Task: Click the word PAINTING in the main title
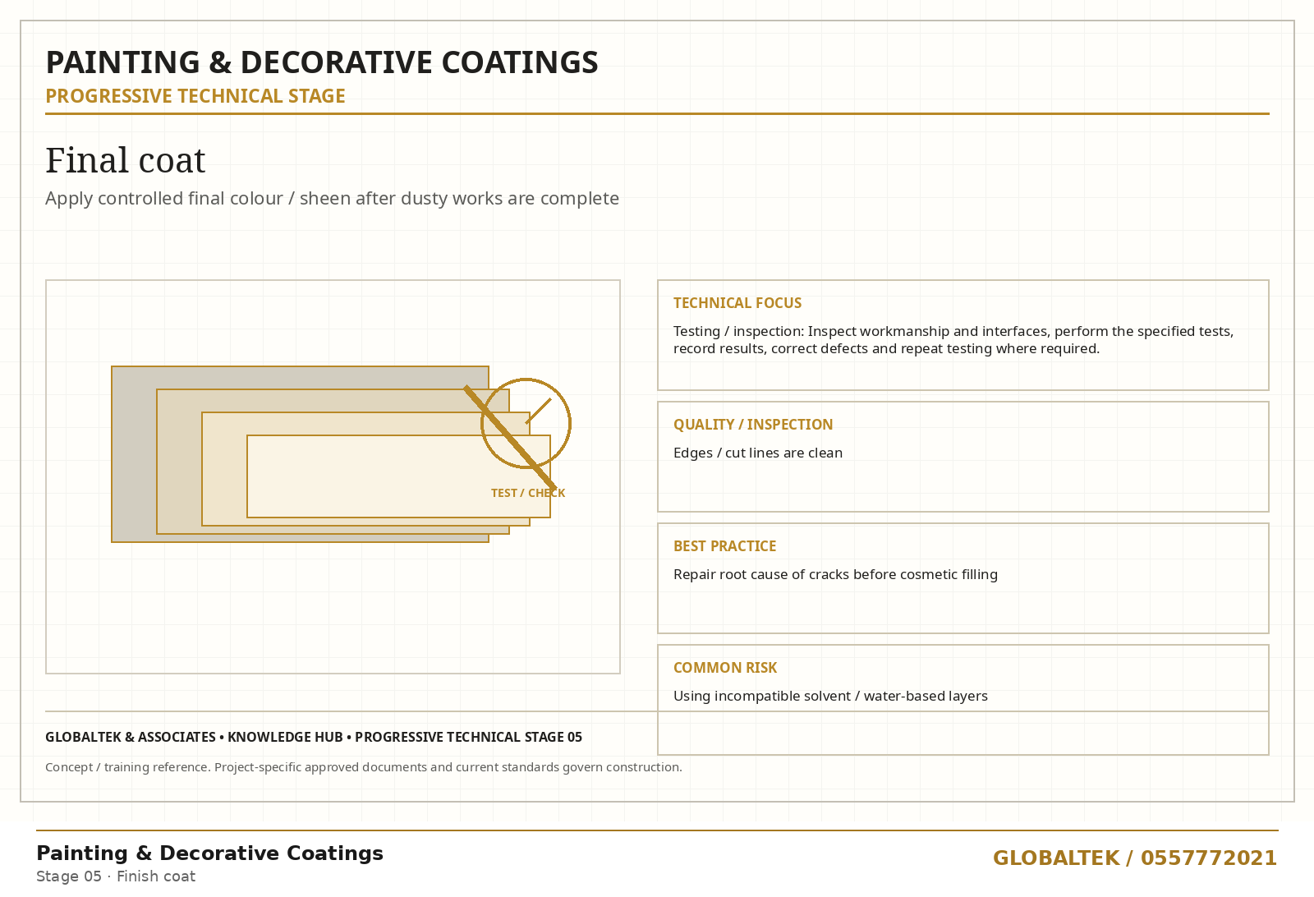pyautogui.click(x=122, y=62)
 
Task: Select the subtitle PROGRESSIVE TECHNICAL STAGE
pyautogui.click(x=195, y=96)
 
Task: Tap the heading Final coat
pyautogui.click(x=126, y=160)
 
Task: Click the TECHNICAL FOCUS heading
pyautogui.click(x=737, y=303)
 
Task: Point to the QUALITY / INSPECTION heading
pyautogui.click(x=753, y=425)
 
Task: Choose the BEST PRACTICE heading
pyautogui.click(x=725, y=546)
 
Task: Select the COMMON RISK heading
pyautogui.click(x=725, y=668)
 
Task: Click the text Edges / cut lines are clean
pyautogui.click(x=758, y=453)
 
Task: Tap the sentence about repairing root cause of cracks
pyautogui.click(x=835, y=574)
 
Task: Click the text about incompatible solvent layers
pyautogui.click(x=830, y=697)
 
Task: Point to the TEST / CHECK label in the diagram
pyautogui.click(x=528, y=494)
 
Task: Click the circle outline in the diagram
pyautogui.click(x=570, y=424)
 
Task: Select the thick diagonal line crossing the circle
pyautogui.click(x=510, y=437)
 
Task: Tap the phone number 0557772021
pyautogui.click(x=1208, y=858)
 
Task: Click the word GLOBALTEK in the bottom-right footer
pyautogui.click(x=1056, y=858)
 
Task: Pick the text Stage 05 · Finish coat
pyautogui.click(x=116, y=876)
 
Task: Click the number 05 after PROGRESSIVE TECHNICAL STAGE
pyautogui.click(x=574, y=738)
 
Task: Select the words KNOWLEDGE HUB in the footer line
pyautogui.click(x=285, y=738)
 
